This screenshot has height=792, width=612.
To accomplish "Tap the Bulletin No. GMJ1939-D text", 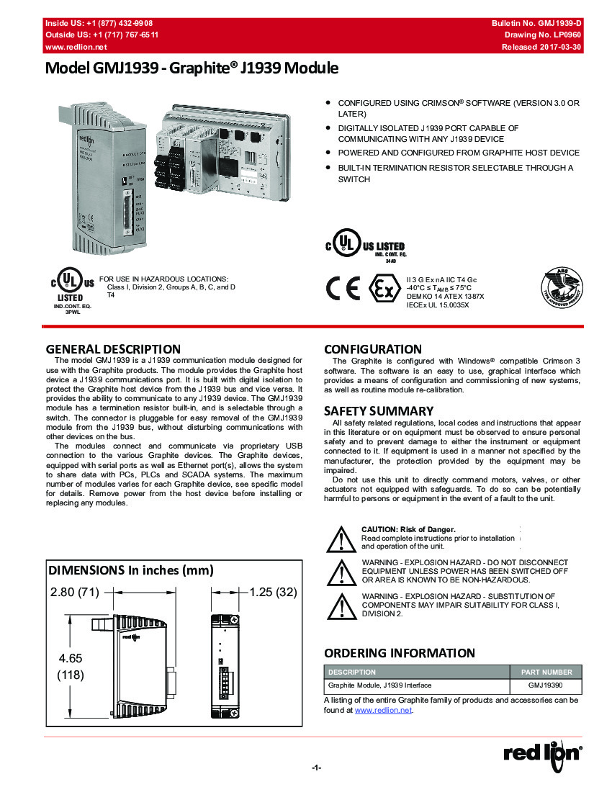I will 536,24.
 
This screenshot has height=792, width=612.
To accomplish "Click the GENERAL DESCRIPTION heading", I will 113,349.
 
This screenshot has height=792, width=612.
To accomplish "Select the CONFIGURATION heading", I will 373,349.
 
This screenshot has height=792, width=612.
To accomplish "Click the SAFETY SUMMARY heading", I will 379,411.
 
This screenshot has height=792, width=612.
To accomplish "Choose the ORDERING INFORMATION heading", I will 399,653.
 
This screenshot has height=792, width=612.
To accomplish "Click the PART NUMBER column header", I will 546,672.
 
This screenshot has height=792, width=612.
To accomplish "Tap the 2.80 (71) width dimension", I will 74,592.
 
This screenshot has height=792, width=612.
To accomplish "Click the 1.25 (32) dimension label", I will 272,592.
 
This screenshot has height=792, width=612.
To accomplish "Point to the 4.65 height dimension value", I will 71,658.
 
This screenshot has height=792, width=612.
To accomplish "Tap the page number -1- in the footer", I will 315,768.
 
